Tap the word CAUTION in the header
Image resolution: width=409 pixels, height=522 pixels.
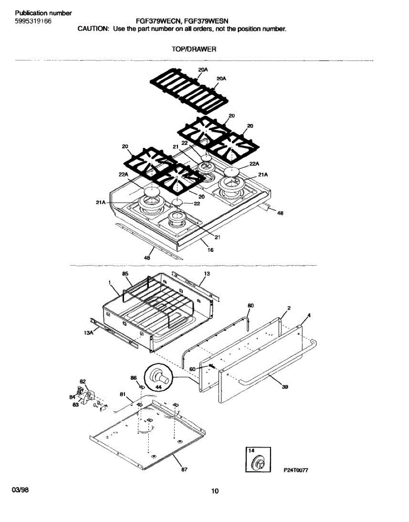coord(93,29)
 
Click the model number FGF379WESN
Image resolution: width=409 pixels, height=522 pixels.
coord(208,20)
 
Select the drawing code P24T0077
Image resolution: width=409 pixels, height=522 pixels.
coord(298,471)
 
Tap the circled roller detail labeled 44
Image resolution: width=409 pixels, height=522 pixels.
coord(157,375)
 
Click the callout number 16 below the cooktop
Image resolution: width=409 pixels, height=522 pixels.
coord(211,250)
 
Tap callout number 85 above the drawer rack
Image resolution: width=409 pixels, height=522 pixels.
coord(125,274)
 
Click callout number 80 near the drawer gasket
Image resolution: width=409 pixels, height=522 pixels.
coord(250,305)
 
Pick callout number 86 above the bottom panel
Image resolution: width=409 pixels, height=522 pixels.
coord(134,378)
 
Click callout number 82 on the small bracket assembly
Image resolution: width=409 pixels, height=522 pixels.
coord(83,381)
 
